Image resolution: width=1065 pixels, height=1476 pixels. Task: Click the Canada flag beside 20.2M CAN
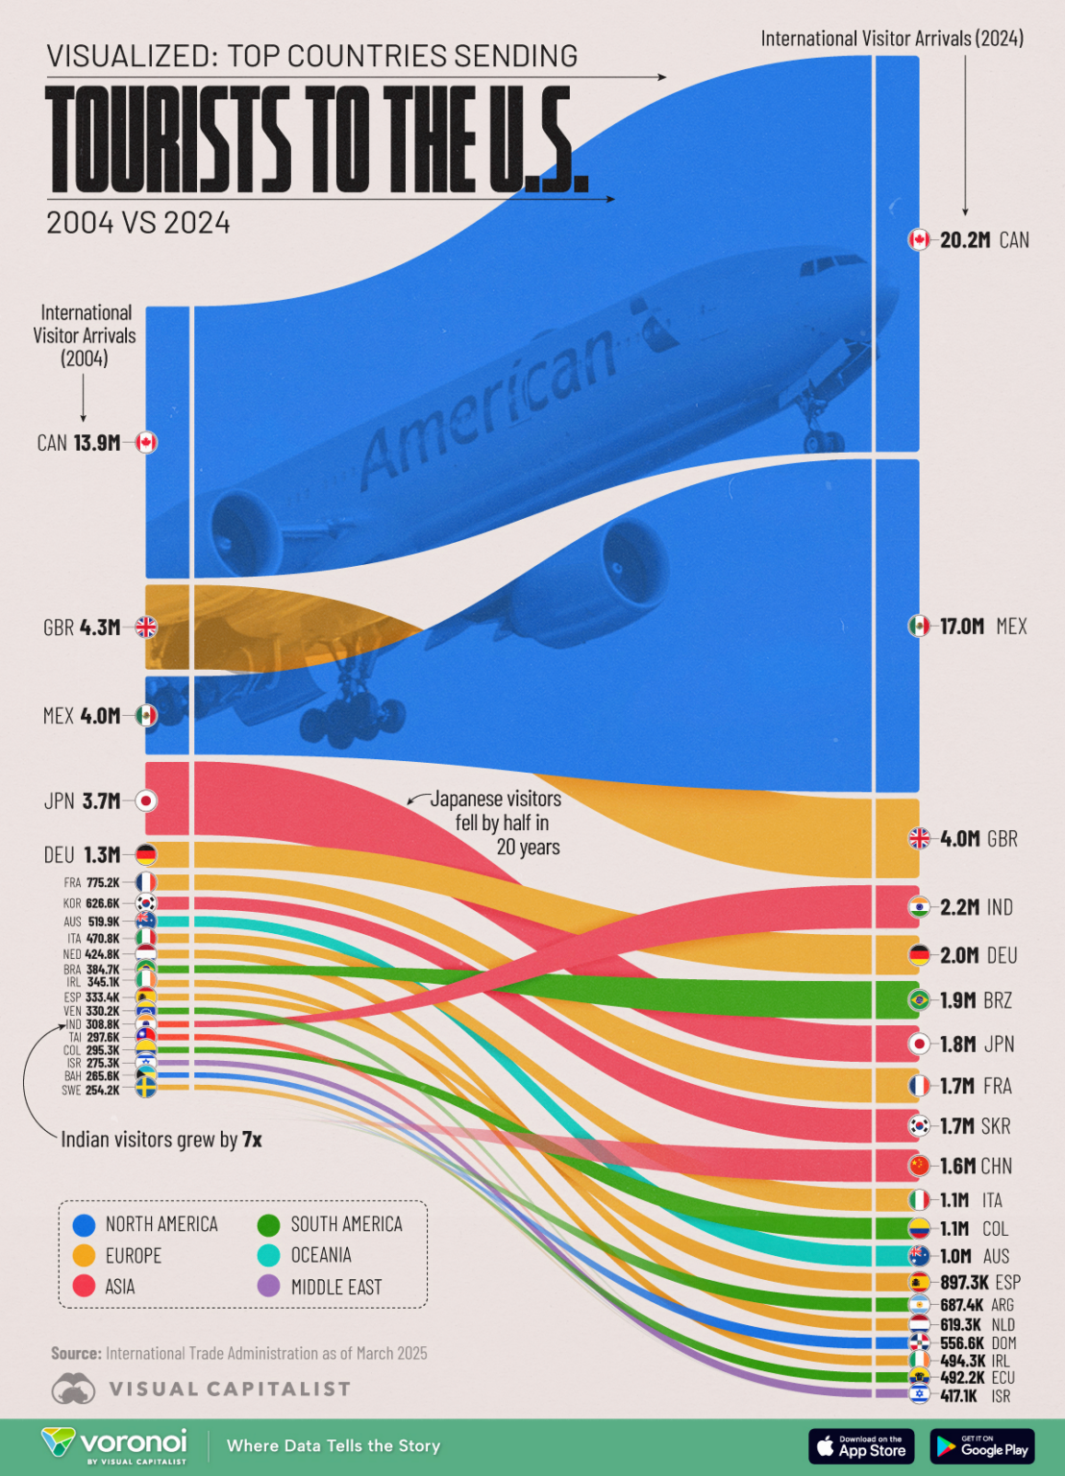pos(919,239)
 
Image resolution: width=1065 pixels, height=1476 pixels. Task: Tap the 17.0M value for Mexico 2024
pos(961,627)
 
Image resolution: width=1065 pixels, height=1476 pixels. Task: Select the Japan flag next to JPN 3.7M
pos(146,800)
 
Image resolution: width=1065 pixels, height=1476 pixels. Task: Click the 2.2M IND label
pos(976,907)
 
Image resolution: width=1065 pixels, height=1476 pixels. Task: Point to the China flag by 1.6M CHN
pos(919,1166)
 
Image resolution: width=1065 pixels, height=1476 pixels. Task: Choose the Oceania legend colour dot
pos(269,1255)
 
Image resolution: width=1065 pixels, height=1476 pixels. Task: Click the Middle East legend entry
pos(335,1287)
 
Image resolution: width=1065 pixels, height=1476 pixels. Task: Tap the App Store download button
pos(861,1445)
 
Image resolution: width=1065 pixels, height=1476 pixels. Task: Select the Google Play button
pos(981,1445)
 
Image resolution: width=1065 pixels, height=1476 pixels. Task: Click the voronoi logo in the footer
pos(114,1444)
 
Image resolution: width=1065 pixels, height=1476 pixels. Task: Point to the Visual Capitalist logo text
pos(230,1390)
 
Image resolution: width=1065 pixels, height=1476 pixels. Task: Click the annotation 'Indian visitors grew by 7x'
pos(161,1140)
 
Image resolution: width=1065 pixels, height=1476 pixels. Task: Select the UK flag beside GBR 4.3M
pos(146,627)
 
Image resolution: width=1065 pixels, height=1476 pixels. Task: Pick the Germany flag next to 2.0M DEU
pos(919,955)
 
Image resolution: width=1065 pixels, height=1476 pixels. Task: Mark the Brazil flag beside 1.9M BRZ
pos(919,1000)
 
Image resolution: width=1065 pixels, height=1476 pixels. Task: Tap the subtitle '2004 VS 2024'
pos(138,223)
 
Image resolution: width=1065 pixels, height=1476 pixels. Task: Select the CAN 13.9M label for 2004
pos(79,443)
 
